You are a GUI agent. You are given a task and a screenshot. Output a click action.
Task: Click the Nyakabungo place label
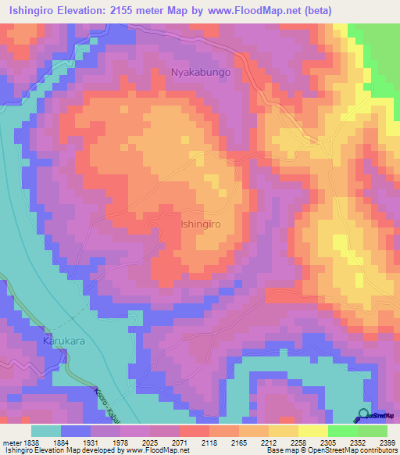[x=201, y=73]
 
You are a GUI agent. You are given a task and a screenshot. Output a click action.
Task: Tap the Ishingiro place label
[x=202, y=224]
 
